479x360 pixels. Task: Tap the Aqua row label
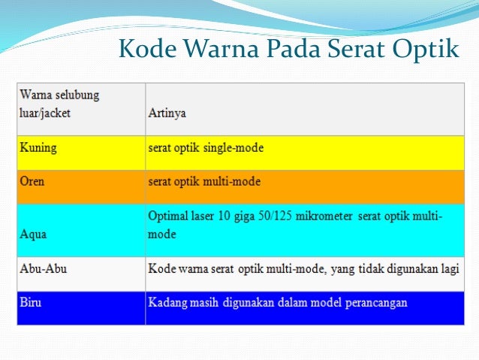(x=33, y=234)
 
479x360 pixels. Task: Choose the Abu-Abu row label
(x=42, y=268)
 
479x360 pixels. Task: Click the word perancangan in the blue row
(x=373, y=303)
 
